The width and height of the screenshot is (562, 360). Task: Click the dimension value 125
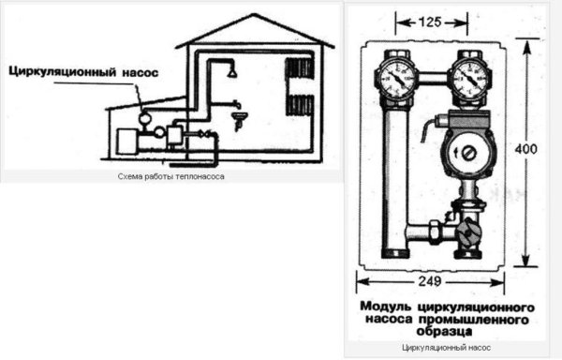(x=430, y=22)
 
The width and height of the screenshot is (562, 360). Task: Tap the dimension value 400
(x=525, y=149)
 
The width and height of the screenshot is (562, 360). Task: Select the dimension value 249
(x=430, y=281)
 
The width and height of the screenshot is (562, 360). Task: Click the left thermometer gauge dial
(x=396, y=78)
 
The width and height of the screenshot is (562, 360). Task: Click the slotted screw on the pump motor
(x=468, y=154)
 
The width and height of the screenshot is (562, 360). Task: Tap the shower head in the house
(x=232, y=73)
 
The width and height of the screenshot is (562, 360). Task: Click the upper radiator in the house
(x=300, y=68)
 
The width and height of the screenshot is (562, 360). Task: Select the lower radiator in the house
(x=300, y=105)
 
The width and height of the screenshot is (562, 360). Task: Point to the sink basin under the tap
(x=240, y=116)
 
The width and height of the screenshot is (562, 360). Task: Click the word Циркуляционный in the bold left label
(x=63, y=71)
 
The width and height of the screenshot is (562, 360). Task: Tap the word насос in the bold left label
(x=140, y=72)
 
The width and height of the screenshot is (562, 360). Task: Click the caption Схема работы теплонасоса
(x=171, y=176)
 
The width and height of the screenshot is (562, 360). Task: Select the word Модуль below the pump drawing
(x=386, y=307)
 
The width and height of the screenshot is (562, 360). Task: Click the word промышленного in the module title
(x=473, y=319)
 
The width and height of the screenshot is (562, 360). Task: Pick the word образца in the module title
(x=444, y=331)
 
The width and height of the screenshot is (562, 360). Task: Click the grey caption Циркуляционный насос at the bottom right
(x=446, y=348)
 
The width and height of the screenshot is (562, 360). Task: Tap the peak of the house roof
(x=255, y=14)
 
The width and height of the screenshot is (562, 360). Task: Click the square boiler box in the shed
(x=126, y=142)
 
